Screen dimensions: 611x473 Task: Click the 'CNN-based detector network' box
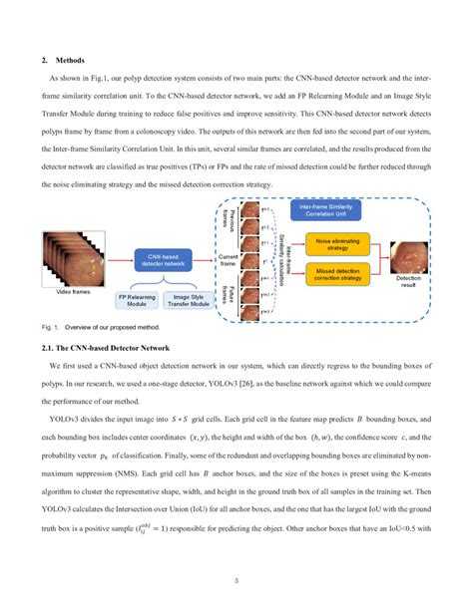pyautogui.click(x=163, y=259)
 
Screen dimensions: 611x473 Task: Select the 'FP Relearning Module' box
pyautogui.click(x=141, y=300)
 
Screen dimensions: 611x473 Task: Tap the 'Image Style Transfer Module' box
pyautogui.click(x=199, y=300)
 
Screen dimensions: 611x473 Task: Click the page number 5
pyautogui.click(x=236, y=581)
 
